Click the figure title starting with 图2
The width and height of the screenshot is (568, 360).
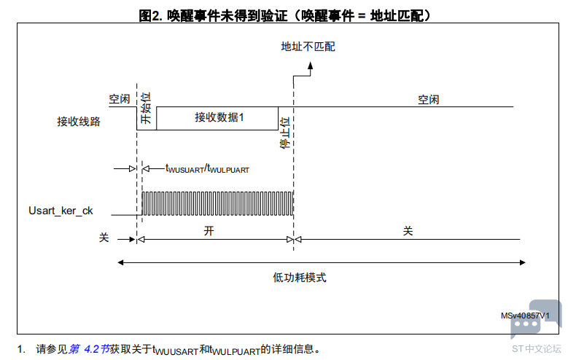pyautogui.click(x=284, y=15)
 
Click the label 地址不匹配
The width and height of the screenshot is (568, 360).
pyautogui.click(x=308, y=47)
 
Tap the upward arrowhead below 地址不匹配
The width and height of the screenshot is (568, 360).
pyautogui.click(x=311, y=66)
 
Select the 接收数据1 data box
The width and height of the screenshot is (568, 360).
pyautogui.click(x=217, y=118)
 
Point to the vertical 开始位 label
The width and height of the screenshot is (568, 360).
pyautogui.click(x=146, y=108)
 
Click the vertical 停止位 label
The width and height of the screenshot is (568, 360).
pyautogui.click(x=285, y=133)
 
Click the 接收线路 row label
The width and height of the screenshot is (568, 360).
pyautogui.click(x=79, y=121)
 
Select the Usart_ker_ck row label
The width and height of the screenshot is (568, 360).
pyautogui.click(x=61, y=211)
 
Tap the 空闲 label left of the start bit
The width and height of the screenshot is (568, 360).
pyautogui.click(x=120, y=99)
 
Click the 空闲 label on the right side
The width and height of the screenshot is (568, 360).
pyautogui.click(x=429, y=100)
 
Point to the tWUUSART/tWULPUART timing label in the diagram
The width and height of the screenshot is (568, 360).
pyautogui.click(x=208, y=169)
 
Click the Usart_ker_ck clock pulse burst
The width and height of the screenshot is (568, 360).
pyautogui.click(x=217, y=203)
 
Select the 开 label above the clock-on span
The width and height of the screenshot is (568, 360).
pyautogui.click(x=209, y=231)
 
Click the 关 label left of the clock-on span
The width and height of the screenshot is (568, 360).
pyautogui.click(x=104, y=238)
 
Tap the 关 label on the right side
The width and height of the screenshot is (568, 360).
pyautogui.click(x=408, y=231)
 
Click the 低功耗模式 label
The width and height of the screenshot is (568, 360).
pyautogui.click(x=300, y=278)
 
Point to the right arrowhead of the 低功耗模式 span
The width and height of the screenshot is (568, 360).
pyautogui.click(x=522, y=262)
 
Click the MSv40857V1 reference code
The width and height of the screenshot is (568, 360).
pyautogui.click(x=525, y=316)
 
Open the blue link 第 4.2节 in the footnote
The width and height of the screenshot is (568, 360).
pyautogui.click(x=89, y=349)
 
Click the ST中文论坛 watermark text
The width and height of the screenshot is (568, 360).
pyautogui.click(x=537, y=349)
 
